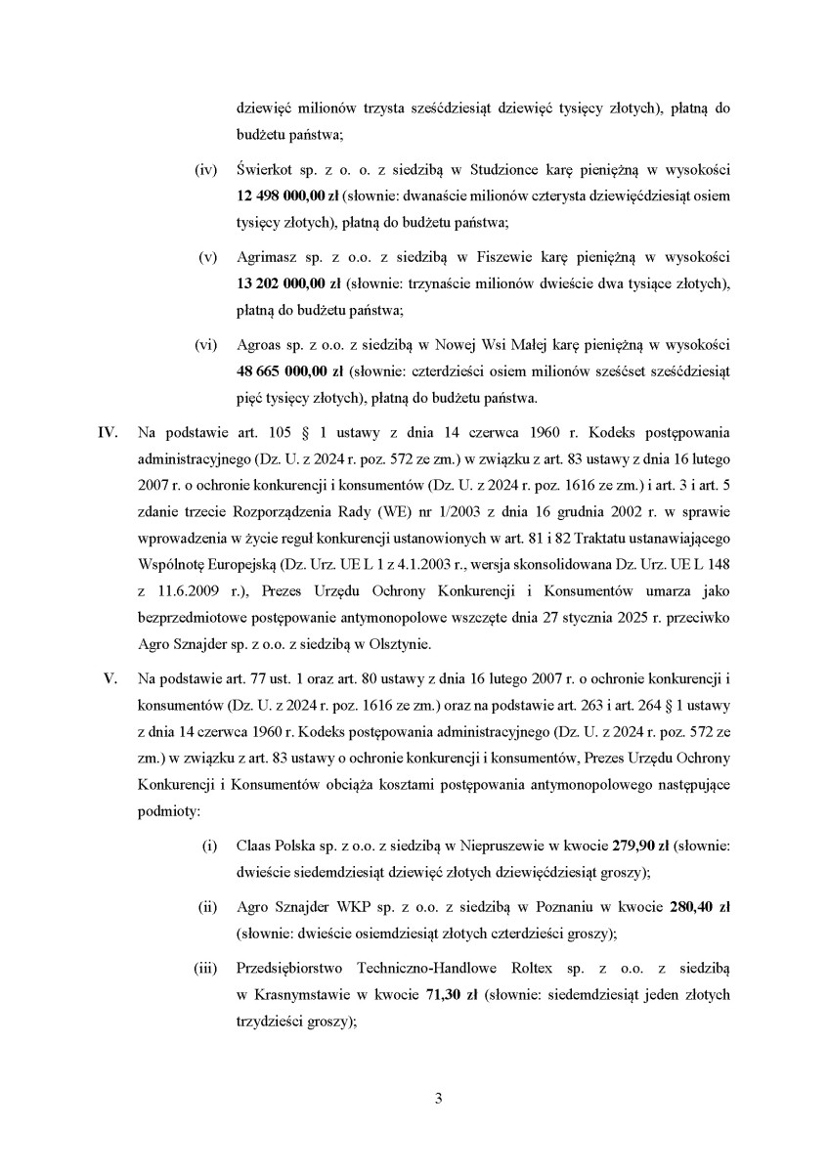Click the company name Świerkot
coord(266,170)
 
